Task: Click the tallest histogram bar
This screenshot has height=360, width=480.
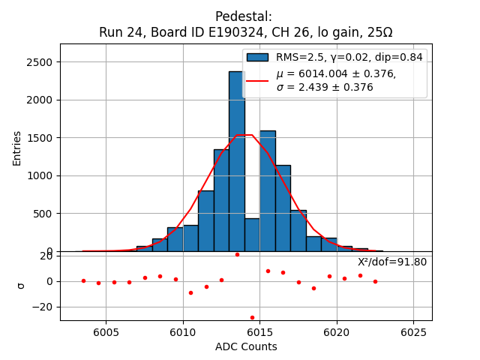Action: tap(236, 161)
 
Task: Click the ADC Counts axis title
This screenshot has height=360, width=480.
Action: tap(246, 346)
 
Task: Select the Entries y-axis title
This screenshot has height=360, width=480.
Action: tap(17, 148)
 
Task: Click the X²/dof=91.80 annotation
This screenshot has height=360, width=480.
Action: tap(392, 262)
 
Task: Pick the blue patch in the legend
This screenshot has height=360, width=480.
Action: tap(257, 57)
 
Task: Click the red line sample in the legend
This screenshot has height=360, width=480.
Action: tap(257, 79)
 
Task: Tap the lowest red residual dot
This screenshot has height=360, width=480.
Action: tap(252, 317)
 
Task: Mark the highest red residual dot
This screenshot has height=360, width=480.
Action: tap(237, 254)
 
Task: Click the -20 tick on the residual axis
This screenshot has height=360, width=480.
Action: tap(46, 307)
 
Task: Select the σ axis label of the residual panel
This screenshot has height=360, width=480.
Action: tap(20, 286)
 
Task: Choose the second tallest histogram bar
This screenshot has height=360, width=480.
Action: tap(268, 191)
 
